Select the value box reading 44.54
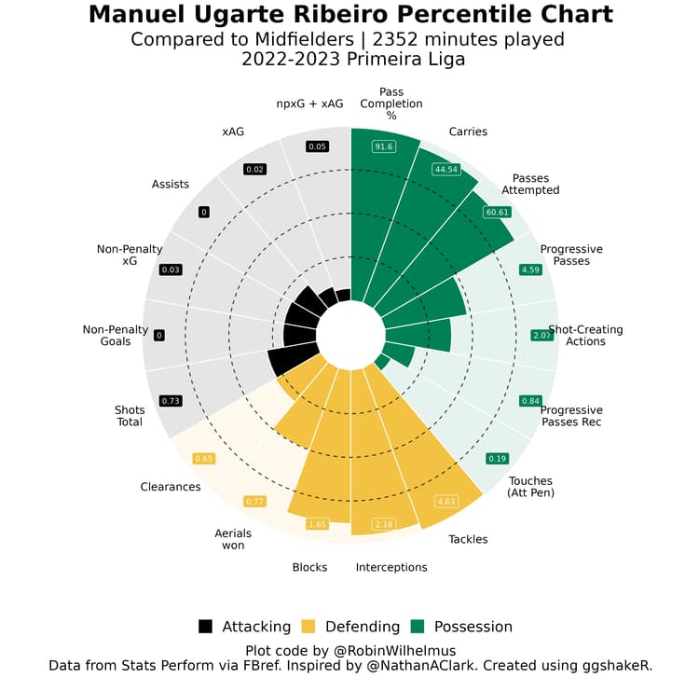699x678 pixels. point(446,169)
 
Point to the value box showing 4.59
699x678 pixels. point(530,270)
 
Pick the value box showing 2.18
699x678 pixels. point(384,525)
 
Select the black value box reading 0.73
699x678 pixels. point(171,400)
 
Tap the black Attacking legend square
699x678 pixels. point(206,627)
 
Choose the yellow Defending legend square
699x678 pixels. point(308,627)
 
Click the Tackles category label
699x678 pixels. point(468,539)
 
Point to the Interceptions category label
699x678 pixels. point(391,567)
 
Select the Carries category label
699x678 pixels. point(468,131)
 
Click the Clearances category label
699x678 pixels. point(171,487)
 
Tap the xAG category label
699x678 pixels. point(233,131)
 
